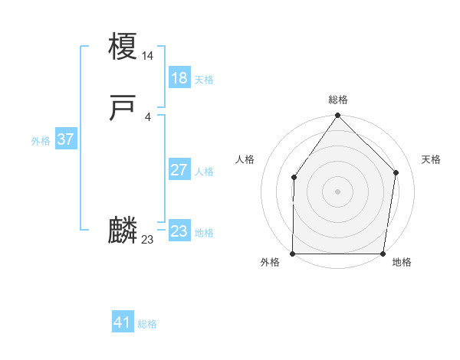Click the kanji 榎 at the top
123,46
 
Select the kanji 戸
123,109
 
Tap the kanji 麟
123,231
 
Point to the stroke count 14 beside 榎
148,55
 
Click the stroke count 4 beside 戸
148,116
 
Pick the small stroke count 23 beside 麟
148,240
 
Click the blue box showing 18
179,78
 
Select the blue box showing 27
179,170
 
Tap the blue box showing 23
179,231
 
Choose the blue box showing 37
66,139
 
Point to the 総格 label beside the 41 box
147,324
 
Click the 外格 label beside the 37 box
41,141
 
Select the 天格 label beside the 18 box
204,80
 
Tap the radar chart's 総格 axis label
338,100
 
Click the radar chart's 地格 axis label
402,263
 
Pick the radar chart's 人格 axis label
245,159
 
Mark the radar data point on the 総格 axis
338,116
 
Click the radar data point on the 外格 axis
293,254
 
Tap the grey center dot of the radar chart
338,191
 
